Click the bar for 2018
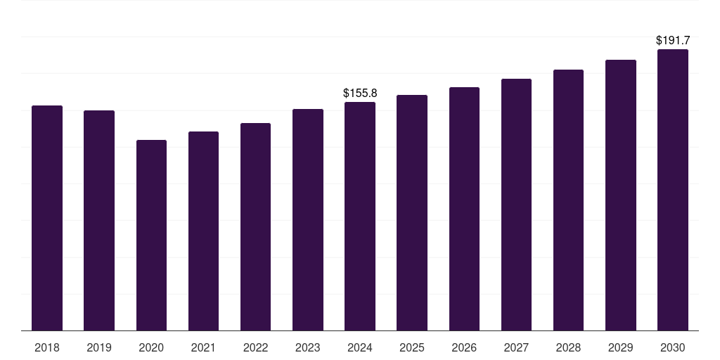point(47,218)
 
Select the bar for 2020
point(152,235)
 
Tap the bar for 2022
point(255,227)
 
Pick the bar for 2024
point(360,217)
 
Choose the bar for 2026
point(464,209)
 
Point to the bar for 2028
point(568,200)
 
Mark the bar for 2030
point(673,190)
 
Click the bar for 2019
point(99,220)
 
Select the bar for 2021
point(203,231)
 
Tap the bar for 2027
point(517,205)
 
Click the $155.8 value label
point(360,94)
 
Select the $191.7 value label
point(673,40)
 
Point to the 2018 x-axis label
point(47,347)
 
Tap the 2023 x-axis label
point(308,347)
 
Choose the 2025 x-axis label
point(412,347)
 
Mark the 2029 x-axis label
point(621,347)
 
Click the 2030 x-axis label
point(673,347)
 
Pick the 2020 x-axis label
point(152,347)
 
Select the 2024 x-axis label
point(360,347)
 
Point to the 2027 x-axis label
point(517,347)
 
